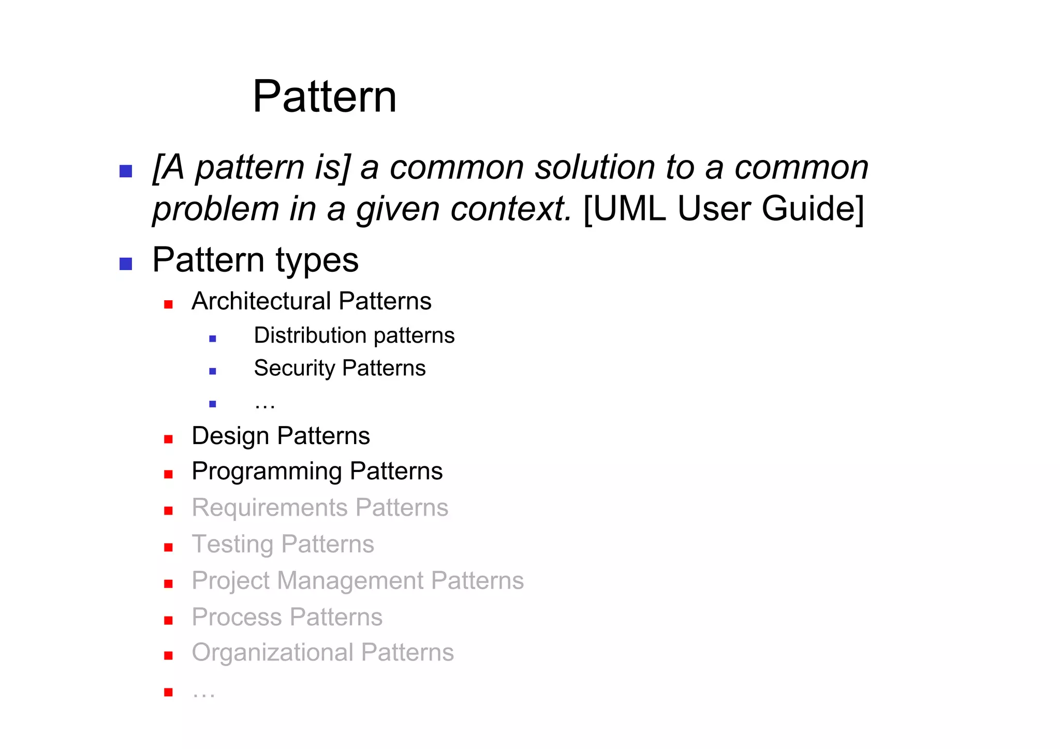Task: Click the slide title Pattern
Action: [x=325, y=97]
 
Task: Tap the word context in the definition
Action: [x=510, y=209]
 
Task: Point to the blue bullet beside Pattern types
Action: [x=126, y=264]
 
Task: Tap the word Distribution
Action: [x=309, y=335]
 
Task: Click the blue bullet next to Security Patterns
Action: [x=212, y=371]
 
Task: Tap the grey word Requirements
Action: [x=269, y=508]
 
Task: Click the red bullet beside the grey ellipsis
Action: [x=168, y=692]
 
